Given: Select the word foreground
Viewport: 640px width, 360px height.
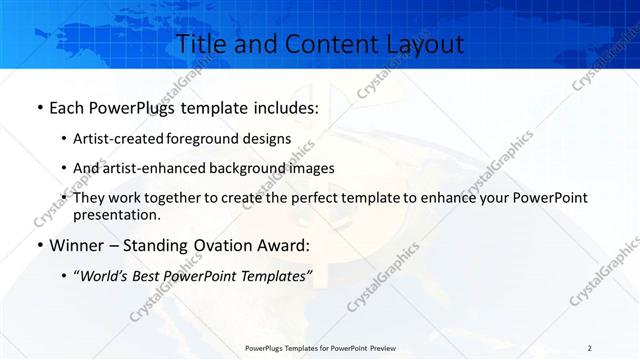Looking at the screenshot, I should click(219, 138).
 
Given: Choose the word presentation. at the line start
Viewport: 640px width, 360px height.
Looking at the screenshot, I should click(117, 214).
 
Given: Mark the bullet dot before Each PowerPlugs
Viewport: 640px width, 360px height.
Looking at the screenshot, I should click(38, 107).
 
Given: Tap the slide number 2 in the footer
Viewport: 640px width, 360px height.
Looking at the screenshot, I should click(589, 348).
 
